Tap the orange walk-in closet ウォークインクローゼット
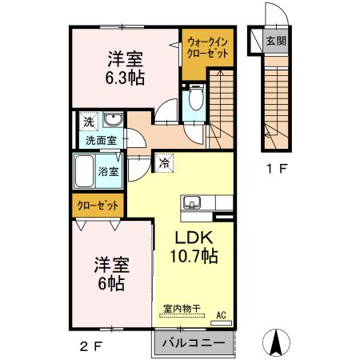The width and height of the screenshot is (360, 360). coord(207,46)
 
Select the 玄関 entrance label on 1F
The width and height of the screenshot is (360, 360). coord(276,40)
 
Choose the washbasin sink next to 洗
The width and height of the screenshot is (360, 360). coord(112,122)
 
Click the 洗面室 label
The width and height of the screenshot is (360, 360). coord(102,139)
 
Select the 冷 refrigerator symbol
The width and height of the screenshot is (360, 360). coord(163,163)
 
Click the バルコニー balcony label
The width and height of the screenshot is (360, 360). coord(192,344)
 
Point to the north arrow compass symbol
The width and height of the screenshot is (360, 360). coord(278,342)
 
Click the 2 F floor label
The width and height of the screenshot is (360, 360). coord(90,346)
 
